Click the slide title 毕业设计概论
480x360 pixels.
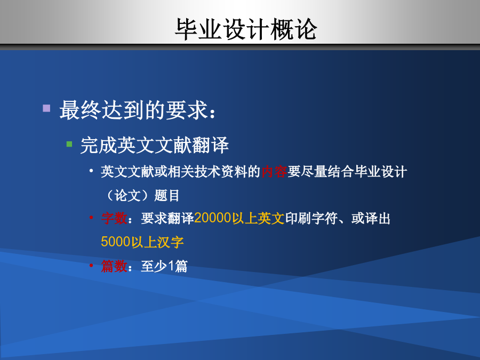coord(246,29)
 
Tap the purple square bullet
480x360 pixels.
coord(46,108)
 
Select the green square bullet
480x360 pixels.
coord(69,144)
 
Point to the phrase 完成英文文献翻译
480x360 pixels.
coord(155,145)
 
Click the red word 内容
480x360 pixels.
coord(274,171)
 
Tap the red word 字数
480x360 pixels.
coord(114,218)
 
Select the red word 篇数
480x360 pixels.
coord(114,266)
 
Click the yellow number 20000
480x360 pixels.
coord(212,218)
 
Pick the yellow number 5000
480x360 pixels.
coord(116,242)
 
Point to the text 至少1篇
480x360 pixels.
coord(164,266)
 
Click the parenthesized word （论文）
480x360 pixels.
coord(127,195)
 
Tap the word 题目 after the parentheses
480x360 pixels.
coord(167,195)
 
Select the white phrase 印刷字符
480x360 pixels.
coord(311,218)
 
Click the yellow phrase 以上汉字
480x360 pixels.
coord(157,242)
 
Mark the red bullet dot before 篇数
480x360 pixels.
coord(91,265)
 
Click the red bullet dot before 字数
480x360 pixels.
coord(91,218)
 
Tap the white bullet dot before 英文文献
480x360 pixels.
coord(91,171)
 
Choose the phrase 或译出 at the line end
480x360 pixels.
coord(371,218)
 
